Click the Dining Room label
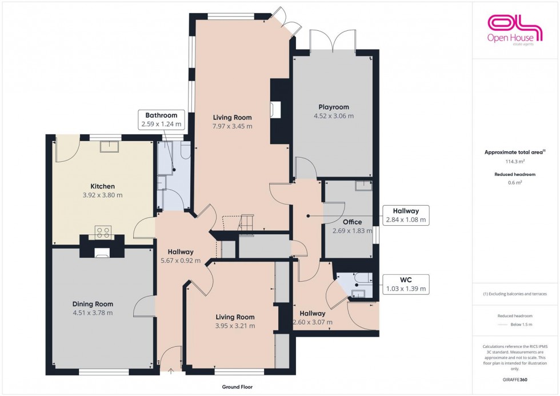[x=93, y=304]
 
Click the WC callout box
[x=405, y=285]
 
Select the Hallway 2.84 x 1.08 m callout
[x=405, y=215]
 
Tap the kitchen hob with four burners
[x=103, y=231]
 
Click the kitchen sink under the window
[x=107, y=147]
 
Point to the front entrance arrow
[x=171, y=371]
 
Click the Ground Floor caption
[x=237, y=387]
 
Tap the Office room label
[x=353, y=222]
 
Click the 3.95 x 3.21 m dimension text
[x=235, y=326]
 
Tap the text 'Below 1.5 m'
[x=522, y=325]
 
